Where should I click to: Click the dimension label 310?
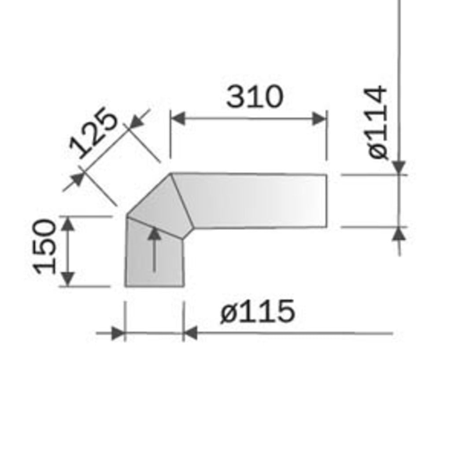[x=255, y=96]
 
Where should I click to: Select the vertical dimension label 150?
[x=44, y=247]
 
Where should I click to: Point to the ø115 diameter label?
[x=258, y=311]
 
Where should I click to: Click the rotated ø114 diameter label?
[x=377, y=122]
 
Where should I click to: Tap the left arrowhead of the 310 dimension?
[x=178, y=119]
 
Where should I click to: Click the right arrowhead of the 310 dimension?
[x=319, y=119]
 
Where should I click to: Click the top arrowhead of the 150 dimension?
[x=68, y=223]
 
